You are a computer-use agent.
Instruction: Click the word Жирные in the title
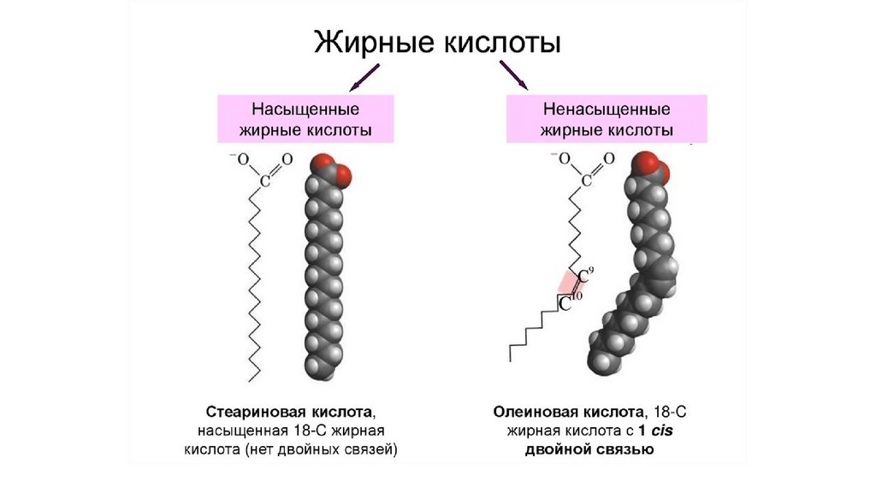(x=364, y=43)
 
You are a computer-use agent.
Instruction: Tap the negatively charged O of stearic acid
(x=242, y=159)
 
